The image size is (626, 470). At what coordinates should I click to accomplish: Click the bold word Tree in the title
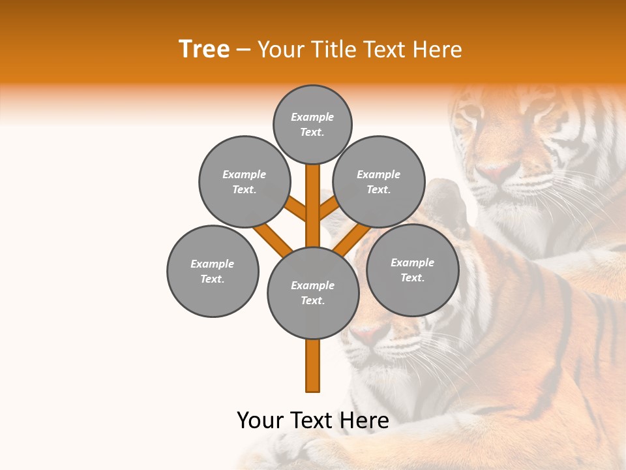pos(204,50)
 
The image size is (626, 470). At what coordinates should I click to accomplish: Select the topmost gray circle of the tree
pos(312,124)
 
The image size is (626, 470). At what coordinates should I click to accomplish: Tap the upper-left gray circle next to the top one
pos(244,181)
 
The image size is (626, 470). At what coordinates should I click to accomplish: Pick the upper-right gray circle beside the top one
pos(379,181)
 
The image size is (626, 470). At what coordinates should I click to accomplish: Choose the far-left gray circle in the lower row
pos(213,271)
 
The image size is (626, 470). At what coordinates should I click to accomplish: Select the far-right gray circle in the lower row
pos(412,270)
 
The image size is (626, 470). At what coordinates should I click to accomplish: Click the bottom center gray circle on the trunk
pos(313,292)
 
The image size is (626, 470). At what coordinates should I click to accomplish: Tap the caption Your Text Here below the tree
pos(313,420)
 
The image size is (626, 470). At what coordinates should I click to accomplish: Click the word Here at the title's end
pos(438,50)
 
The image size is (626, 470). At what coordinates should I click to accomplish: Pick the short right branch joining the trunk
pos(329,209)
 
